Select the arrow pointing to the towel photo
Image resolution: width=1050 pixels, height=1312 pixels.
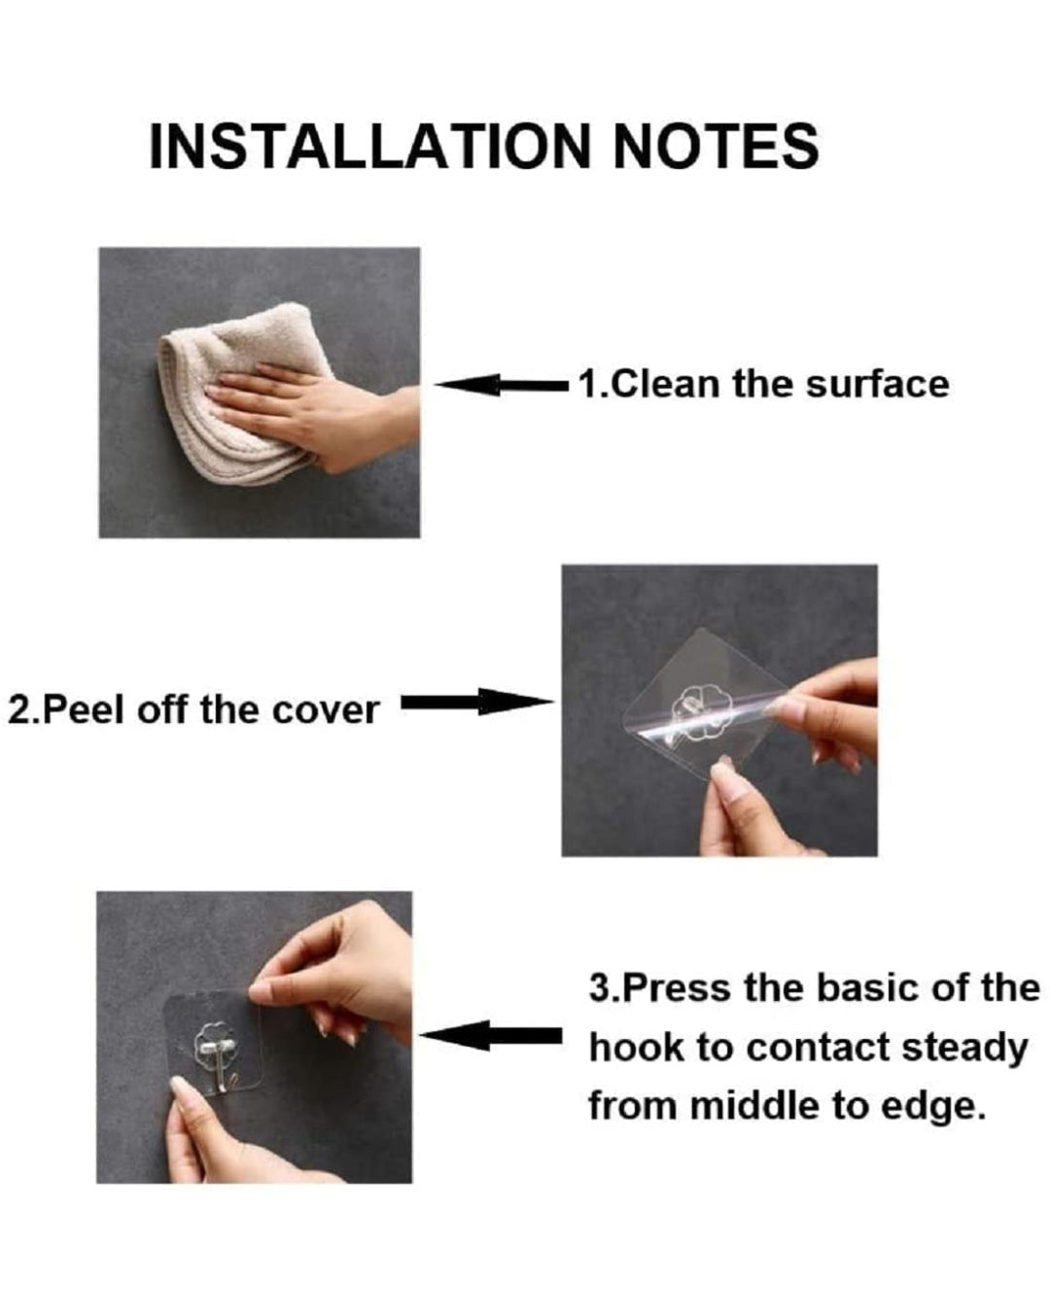[x=501, y=386]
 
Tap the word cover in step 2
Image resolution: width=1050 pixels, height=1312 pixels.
[x=325, y=709]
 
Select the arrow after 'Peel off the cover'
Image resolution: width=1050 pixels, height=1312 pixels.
[x=476, y=703]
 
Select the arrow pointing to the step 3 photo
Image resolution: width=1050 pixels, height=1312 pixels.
[x=491, y=1037]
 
